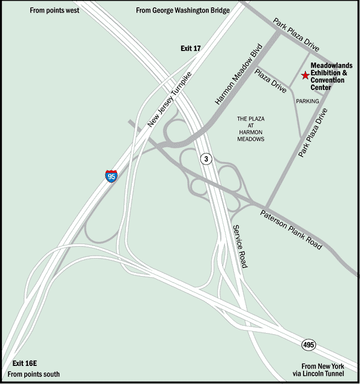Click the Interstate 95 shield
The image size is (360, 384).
click(111, 176)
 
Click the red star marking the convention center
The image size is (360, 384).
click(305, 76)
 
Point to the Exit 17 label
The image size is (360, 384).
click(191, 48)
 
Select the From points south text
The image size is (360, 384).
click(34, 374)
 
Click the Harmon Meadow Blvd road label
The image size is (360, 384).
click(239, 74)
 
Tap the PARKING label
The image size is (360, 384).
click(307, 101)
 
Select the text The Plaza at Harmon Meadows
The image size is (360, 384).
click(251, 129)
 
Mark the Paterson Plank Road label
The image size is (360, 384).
click(290, 229)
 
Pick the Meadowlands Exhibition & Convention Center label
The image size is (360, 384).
click(331, 76)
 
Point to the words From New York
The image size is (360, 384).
click(323, 366)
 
